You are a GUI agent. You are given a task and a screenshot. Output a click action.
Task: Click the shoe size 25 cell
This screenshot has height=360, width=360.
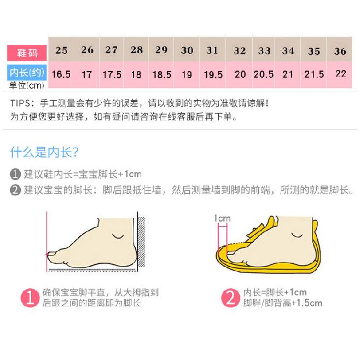61,50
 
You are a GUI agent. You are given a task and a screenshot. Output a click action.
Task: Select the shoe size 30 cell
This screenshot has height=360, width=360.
187,50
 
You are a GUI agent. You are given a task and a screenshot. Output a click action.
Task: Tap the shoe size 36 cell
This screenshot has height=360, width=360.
340,51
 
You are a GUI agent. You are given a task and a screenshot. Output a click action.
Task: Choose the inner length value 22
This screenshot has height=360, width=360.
340,74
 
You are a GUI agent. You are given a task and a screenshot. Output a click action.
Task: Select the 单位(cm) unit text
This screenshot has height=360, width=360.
26,85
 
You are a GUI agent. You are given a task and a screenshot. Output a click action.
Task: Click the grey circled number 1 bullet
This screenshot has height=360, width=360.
15,175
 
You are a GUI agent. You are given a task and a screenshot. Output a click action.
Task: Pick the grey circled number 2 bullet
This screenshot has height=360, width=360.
15,190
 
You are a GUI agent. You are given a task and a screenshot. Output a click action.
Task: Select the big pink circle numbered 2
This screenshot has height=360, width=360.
230,298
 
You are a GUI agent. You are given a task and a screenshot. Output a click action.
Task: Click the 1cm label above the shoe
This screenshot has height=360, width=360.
222,218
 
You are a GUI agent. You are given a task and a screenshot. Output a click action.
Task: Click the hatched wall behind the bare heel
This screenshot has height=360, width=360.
141,243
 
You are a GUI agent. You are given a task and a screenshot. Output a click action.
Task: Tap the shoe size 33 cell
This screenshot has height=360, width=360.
264,51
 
